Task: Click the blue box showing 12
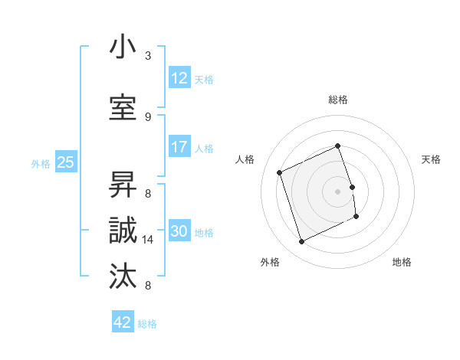tap(179, 78)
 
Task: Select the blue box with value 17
tap(179, 147)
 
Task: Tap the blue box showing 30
tap(179, 231)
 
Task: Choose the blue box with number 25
tap(65, 162)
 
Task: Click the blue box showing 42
tap(123, 322)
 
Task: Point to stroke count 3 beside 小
tap(148, 56)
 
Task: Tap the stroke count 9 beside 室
tap(148, 117)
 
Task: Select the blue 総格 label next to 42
tap(148, 324)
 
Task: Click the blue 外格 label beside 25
tap(41, 163)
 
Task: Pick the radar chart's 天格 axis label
tap(431, 159)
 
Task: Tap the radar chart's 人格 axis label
tap(245, 159)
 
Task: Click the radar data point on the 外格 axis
tap(301, 242)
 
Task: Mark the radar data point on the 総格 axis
tap(337, 146)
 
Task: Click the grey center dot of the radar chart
tap(337, 191)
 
